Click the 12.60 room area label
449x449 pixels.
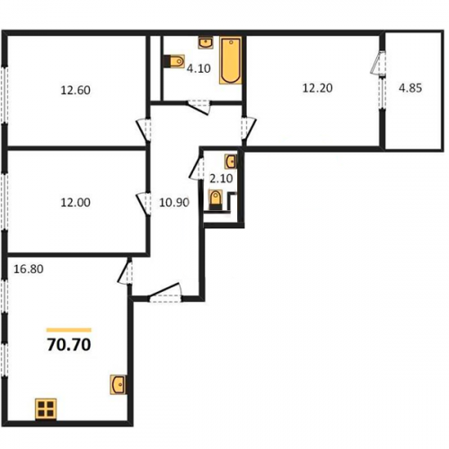point(75,90)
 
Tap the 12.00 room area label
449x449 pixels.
point(75,203)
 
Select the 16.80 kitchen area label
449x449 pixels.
point(29,269)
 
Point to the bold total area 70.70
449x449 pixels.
point(69,345)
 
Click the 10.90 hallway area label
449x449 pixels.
point(174,203)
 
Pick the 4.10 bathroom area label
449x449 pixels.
point(198,68)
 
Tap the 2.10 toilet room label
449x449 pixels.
point(221,179)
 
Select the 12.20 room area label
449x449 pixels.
point(318,88)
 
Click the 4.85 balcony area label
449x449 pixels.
point(410,88)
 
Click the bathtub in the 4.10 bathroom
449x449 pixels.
point(231,60)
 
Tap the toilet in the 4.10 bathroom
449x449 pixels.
point(174,61)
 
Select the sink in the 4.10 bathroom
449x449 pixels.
point(206,43)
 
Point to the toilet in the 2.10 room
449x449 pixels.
point(216,199)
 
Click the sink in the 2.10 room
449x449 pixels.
point(231,162)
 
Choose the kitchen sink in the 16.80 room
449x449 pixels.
point(118,384)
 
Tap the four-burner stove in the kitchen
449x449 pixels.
point(46,409)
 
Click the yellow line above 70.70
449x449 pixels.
point(69,330)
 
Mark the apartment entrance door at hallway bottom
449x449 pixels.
point(165,292)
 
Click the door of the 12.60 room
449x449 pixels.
point(144,129)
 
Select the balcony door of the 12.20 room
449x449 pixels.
point(378,63)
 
